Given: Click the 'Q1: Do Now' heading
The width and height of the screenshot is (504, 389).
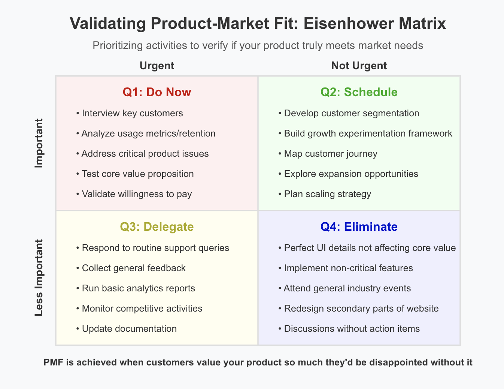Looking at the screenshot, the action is point(157,92).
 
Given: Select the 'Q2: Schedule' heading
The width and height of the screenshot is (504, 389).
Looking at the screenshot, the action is point(359,92).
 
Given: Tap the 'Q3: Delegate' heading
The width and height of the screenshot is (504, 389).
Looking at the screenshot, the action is point(157,227).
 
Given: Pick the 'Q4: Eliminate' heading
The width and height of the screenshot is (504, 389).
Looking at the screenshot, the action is point(359,227).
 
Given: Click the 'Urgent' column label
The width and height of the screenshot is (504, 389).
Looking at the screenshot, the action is point(157,65).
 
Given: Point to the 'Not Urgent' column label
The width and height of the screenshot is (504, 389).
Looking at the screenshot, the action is point(359,65).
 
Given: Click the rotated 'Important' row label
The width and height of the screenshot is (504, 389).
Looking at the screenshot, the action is point(39,143).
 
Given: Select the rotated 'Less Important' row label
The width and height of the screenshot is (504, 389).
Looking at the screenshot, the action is point(39,278).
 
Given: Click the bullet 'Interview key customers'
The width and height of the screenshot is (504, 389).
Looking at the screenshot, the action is point(130,113).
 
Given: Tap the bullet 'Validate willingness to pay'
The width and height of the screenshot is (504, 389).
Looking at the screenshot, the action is point(134,194).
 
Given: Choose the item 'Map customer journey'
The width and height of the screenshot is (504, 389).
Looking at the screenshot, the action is point(328,154).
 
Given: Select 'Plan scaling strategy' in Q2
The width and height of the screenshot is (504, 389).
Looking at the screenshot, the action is point(325,194).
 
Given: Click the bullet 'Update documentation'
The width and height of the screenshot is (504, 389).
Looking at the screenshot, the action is point(127,329).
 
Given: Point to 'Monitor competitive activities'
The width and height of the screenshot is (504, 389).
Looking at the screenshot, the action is point(139,309).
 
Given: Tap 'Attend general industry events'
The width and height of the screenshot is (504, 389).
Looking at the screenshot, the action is point(344,288).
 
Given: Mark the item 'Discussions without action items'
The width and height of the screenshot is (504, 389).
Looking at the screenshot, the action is point(349,329).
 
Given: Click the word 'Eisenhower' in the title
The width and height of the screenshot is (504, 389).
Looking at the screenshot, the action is point(349,24).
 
